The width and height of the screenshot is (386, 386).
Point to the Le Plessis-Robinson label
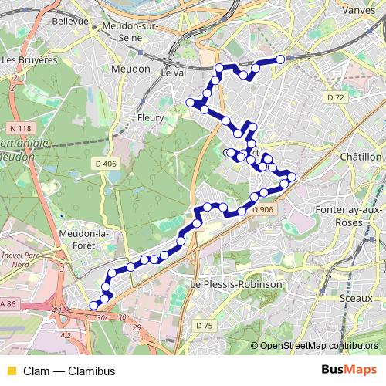(235, 284)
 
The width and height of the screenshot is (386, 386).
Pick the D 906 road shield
(261, 209)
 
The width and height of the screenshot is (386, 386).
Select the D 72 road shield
(334, 97)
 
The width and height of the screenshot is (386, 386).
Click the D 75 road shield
(204, 326)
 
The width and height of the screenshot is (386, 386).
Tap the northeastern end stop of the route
(280, 59)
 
